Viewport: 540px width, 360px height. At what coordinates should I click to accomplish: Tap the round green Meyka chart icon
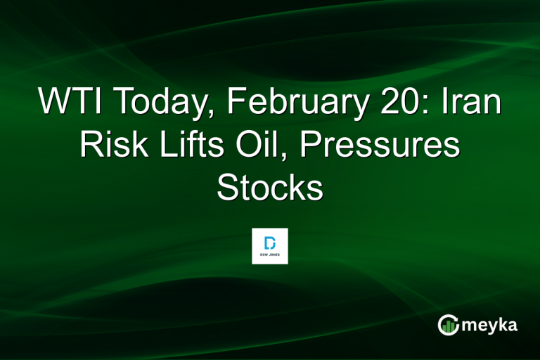coord(448,325)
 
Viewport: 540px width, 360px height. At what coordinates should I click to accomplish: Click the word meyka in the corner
coord(491,326)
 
